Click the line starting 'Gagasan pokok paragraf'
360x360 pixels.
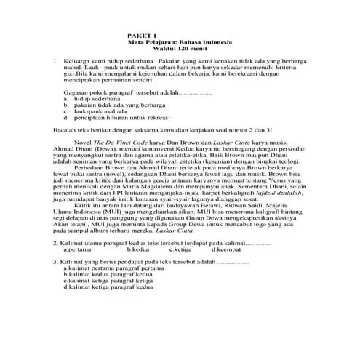[x=116, y=94]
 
